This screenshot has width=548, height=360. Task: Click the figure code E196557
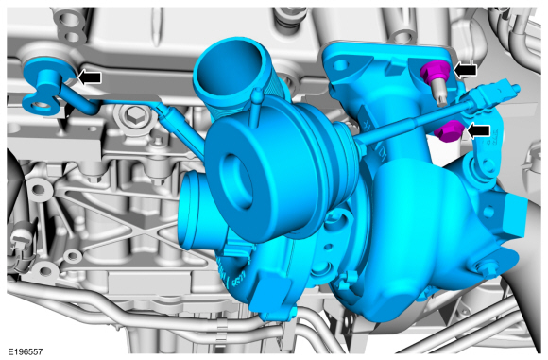pyautogui.click(x=26, y=351)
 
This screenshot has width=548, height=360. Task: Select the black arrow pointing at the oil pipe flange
pyautogui.click(x=90, y=77)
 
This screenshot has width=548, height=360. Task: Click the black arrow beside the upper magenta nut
pyautogui.click(x=465, y=70)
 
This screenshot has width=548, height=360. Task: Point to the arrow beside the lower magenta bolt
pyautogui.click(x=478, y=130)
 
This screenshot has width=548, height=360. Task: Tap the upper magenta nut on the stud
pyautogui.click(x=436, y=71)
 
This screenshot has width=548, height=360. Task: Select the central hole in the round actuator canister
pyautogui.click(x=236, y=180)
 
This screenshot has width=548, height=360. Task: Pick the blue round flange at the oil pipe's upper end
pyautogui.click(x=49, y=71)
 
